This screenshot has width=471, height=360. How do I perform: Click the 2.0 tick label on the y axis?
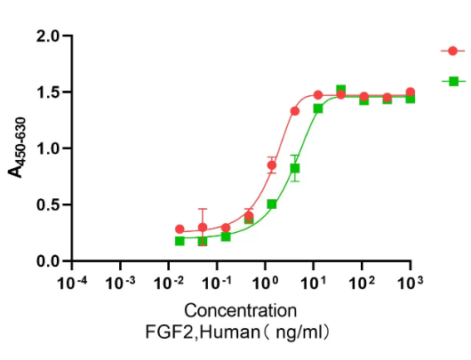click(x=47, y=36)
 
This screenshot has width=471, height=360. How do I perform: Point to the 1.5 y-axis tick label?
click(x=47, y=92)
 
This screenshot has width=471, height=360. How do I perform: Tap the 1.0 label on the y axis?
click(x=47, y=148)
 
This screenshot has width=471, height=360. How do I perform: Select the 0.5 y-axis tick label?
click(x=47, y=204)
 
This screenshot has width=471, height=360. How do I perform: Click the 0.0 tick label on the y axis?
click(x=47, y=260)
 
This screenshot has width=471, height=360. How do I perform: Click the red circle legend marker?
click(x=453, y=51)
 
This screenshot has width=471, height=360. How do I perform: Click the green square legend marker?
click(x=453, y=81)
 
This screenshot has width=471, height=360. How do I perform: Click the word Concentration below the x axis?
click(x=240, y=311)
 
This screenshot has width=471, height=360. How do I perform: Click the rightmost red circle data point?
click(x=410, y=92)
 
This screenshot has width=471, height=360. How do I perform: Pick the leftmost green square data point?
click(x=180, y=241)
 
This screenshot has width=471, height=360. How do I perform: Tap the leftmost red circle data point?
click(x=180, y=229)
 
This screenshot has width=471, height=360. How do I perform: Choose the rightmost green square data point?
click(x=410, y=99)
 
